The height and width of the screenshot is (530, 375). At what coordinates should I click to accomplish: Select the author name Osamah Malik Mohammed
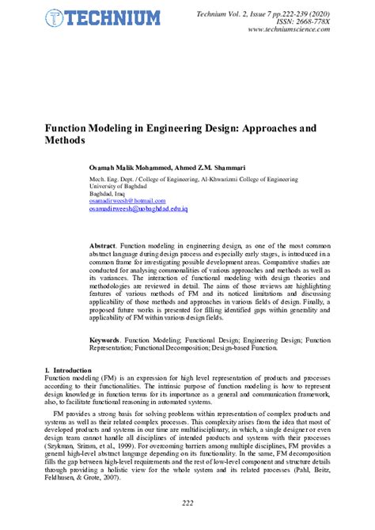(130, 168)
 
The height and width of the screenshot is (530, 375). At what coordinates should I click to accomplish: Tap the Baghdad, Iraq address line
(110, 194)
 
